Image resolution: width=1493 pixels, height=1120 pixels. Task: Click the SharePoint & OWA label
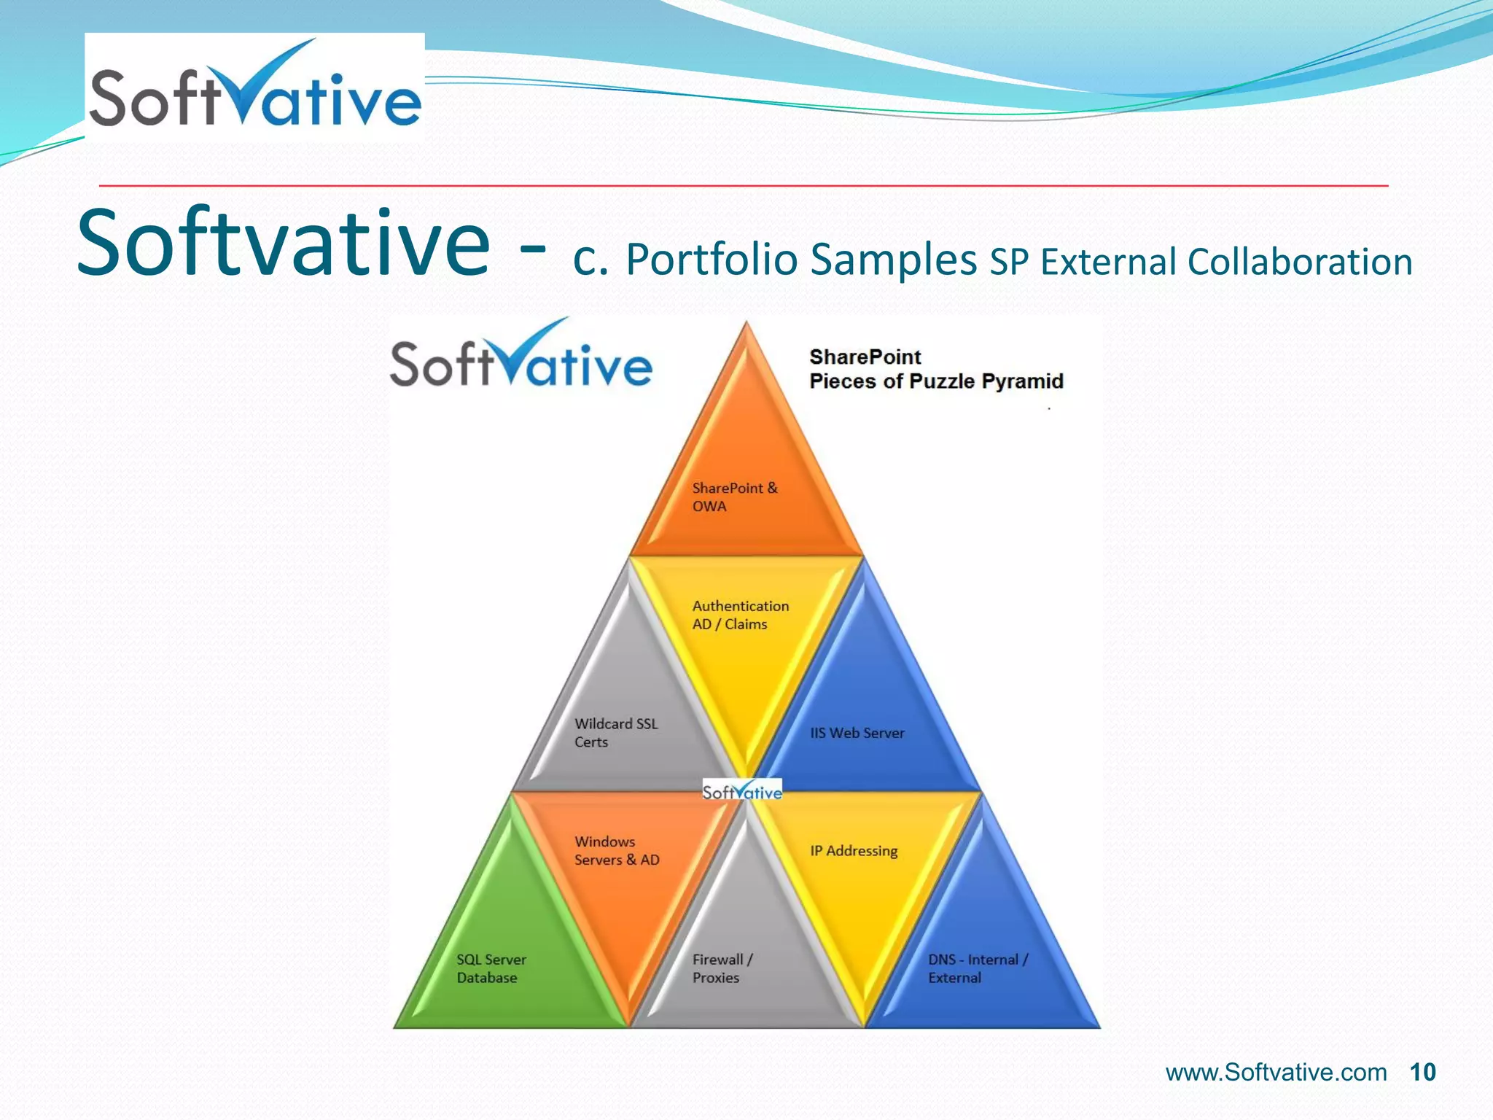point(734,497)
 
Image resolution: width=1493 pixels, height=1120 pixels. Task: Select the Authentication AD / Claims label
point(740,615)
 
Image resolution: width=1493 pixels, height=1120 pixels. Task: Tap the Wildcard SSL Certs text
point(615,733)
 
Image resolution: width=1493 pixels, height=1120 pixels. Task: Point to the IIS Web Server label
point(857,733)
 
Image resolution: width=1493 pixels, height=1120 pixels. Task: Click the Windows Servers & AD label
point(616,851)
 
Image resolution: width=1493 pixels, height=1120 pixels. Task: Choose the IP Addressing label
point(854,851)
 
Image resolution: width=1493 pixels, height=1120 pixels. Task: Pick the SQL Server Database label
point(491,968)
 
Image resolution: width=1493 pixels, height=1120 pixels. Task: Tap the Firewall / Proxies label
point(722,968)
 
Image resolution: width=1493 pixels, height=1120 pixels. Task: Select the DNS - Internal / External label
point(978,968)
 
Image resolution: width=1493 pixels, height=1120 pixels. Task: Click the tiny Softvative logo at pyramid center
point(742,791)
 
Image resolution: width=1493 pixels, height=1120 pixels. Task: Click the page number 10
point(1422,1073)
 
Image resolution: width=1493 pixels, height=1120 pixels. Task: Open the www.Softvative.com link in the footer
point(1276,1073)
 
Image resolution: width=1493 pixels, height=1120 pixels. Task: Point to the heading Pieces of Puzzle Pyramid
point(936,381)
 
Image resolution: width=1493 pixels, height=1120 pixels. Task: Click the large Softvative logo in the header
point(254,87)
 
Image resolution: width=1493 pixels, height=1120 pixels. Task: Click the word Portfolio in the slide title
point(712,260)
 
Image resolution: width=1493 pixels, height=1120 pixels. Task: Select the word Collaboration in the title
point(1300,262)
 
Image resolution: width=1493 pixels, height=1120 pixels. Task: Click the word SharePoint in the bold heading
point(865,357)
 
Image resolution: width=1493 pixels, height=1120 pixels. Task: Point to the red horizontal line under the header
point(744,186)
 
